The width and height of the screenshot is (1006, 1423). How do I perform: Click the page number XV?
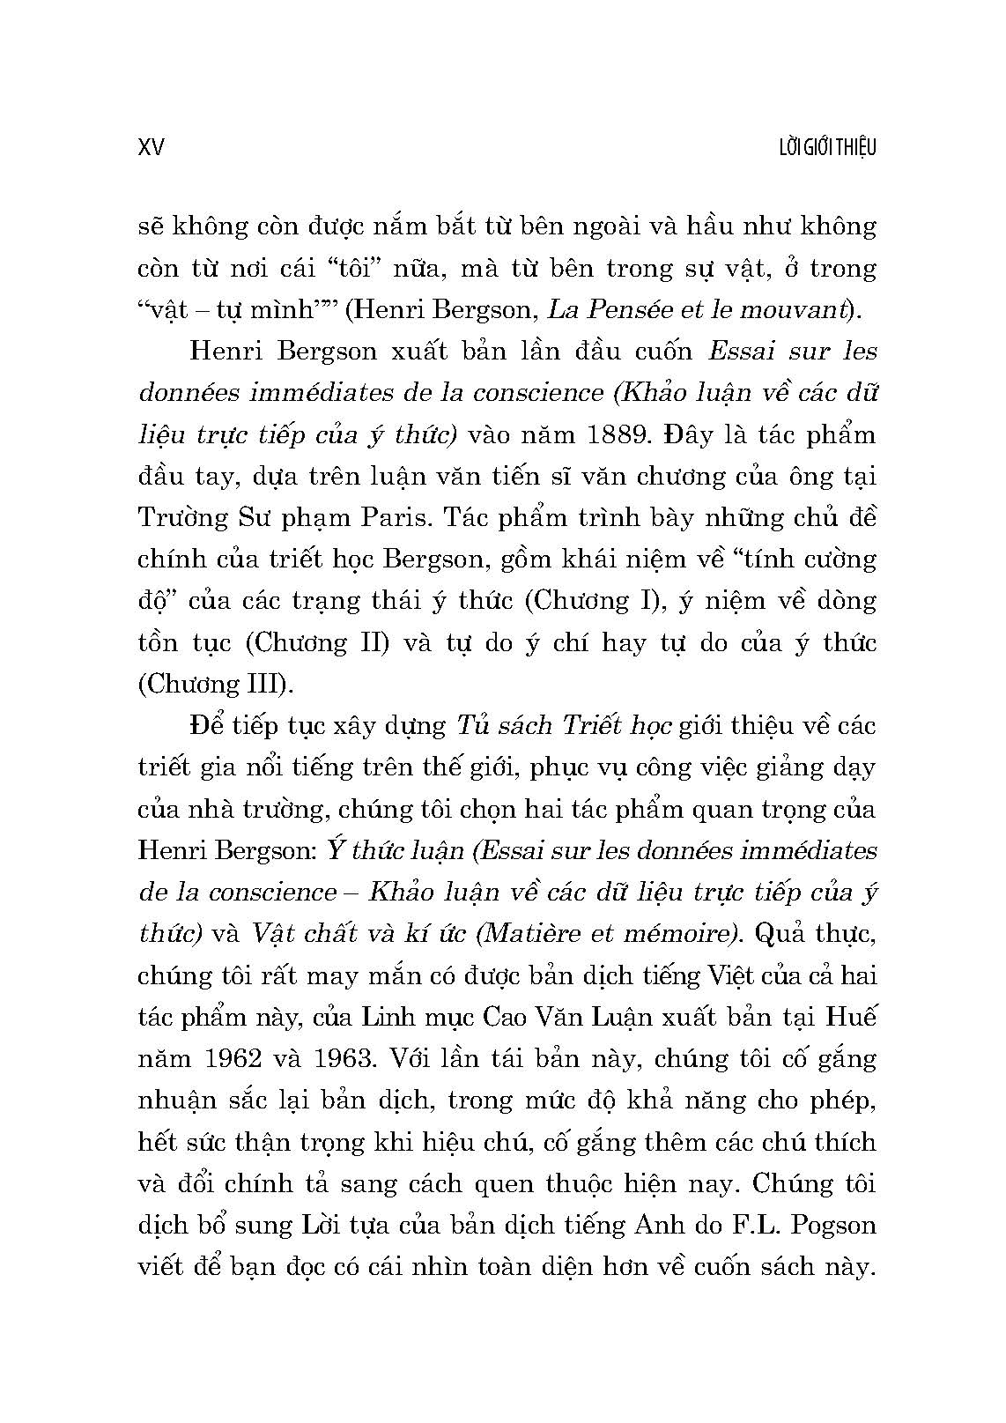coord(152,146)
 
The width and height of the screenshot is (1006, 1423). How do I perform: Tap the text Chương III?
coord(203,685)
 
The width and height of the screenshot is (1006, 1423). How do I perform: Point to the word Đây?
coord(689,434)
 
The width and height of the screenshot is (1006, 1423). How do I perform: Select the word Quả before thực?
coord(784,934)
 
